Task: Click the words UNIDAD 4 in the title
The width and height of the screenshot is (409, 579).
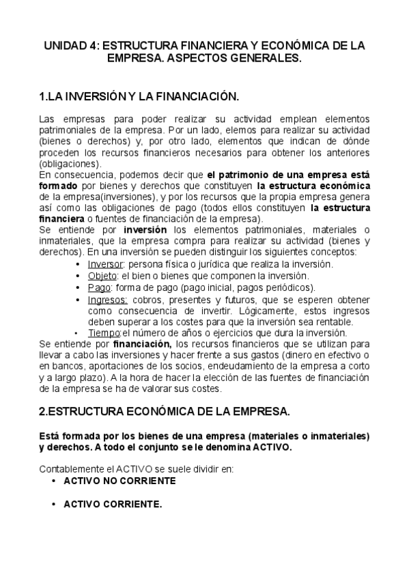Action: click(x=69, y=46)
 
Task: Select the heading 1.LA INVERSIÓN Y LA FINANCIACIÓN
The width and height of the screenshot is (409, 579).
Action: click(x=139, y=97)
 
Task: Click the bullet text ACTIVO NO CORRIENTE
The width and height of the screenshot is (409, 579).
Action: click(x=119, y=481)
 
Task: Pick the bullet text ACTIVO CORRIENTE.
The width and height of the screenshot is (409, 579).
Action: click(x=113, y=505)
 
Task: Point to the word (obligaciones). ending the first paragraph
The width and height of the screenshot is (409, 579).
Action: click(x=70, y=164)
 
